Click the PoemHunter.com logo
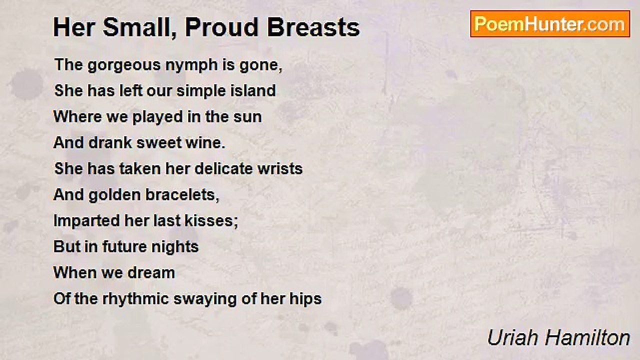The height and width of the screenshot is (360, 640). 550,24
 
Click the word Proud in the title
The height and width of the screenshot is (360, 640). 221,27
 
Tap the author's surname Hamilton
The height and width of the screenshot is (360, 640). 587,338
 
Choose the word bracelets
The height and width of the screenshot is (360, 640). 182,195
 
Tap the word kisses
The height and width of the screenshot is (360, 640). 211,221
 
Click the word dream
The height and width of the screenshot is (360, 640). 151,273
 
